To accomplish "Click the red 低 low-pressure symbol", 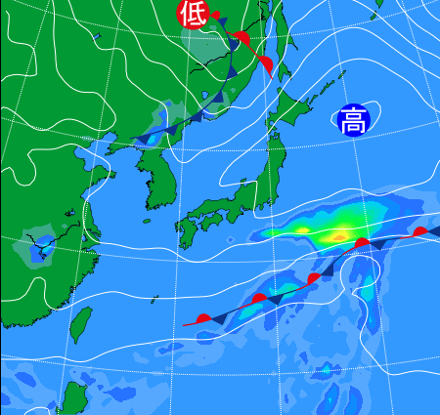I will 193,14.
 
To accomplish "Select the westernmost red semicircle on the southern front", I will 202,318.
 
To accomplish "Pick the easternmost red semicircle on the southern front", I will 420,231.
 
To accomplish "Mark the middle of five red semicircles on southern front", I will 314,278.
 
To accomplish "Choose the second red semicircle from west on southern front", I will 259,298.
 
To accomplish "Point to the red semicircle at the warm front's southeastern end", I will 265,64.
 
